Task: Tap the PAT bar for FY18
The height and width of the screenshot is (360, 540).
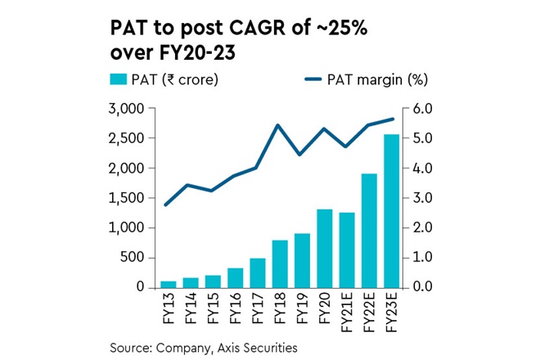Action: [280, 263]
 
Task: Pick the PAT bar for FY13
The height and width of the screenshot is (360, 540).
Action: [168, 284]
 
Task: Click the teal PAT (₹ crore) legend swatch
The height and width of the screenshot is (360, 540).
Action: [119, 79]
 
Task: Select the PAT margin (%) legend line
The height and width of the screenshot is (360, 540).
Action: [318, 79]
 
